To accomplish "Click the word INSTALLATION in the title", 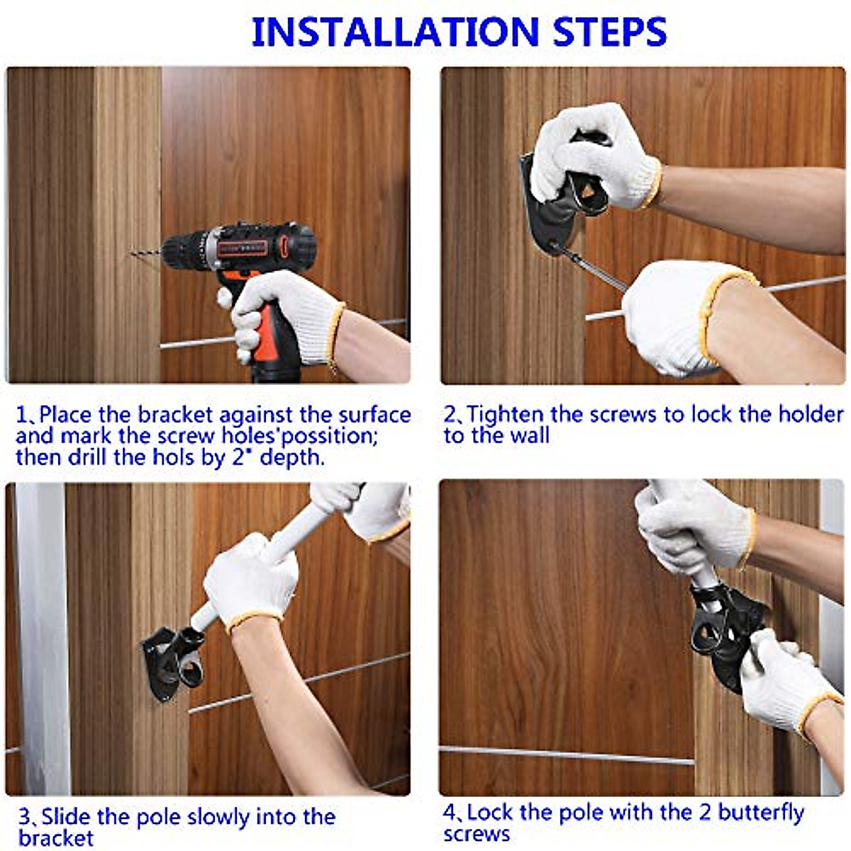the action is pyautogui.click(x=395, y=32).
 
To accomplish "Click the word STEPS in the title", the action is pyautogui.click(x=609, y=32).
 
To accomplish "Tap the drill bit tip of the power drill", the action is pyautogui.click(x=133, y=253).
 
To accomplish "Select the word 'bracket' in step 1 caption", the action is pyautogui.click(x=176, y=415).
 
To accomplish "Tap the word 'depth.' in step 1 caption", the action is pyautogui.click(x=292, y=457).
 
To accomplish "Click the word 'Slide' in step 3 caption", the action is pyautogui.click(x=66, y=804).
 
